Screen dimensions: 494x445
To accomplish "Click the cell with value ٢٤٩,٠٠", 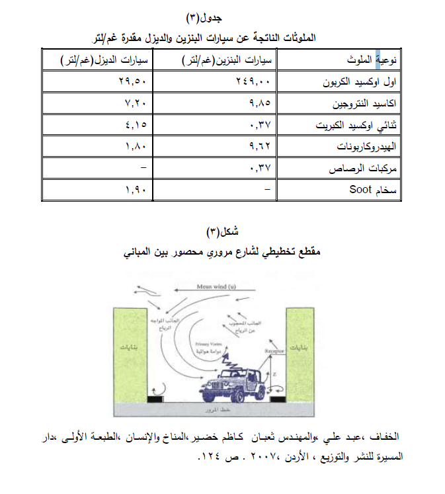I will [255, 83].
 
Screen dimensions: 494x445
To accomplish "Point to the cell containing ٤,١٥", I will [136, 125].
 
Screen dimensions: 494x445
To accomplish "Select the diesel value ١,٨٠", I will [136, 147].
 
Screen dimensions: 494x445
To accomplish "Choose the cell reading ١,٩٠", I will [136, 190].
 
